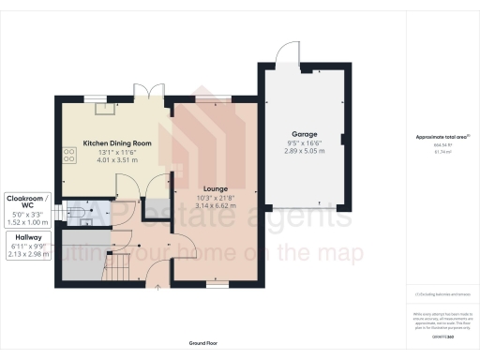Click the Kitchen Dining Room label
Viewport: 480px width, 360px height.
[114, 142]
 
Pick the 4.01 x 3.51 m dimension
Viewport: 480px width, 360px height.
[114, 160]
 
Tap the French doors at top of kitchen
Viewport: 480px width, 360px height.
[144, 92]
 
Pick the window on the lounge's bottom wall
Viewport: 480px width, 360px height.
[218, 281]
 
